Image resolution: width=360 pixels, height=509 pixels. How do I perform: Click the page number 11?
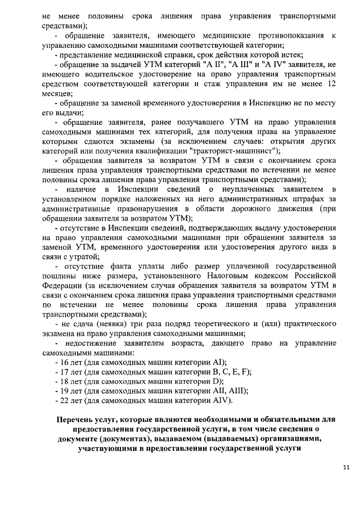click(346, 467)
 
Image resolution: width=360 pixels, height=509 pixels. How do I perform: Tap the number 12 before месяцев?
click(331, 83)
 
